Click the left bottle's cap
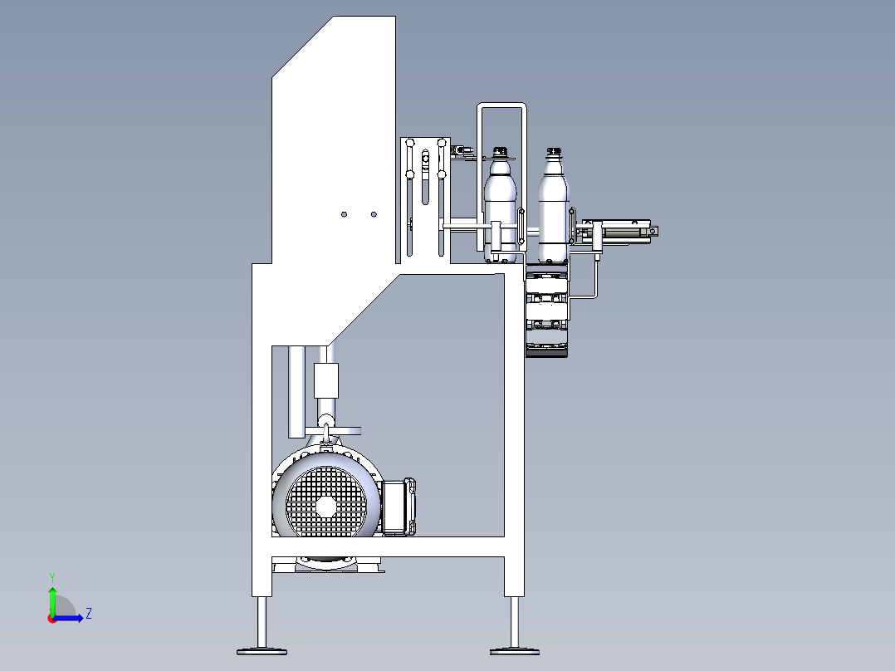500,152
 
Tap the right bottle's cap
554,153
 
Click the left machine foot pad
262,651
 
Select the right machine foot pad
515,651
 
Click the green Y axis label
52,577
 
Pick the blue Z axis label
89,614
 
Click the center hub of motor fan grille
326,506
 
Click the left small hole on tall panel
345,215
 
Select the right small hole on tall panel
374,215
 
